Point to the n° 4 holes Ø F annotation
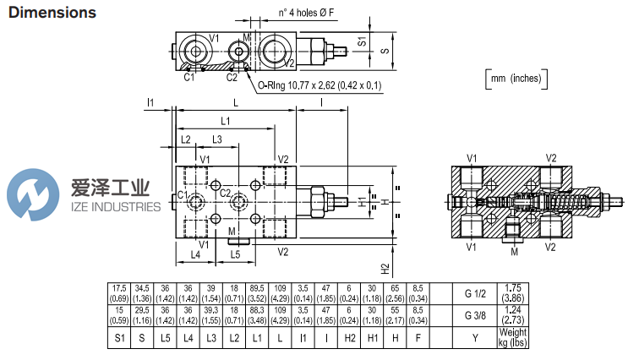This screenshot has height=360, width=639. point(309,12)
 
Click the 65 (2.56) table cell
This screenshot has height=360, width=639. point(396,293)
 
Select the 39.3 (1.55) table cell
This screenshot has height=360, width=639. point(211,315)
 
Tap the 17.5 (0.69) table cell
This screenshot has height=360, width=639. point(119,293)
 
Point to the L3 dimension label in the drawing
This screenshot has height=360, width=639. point(217,139)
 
